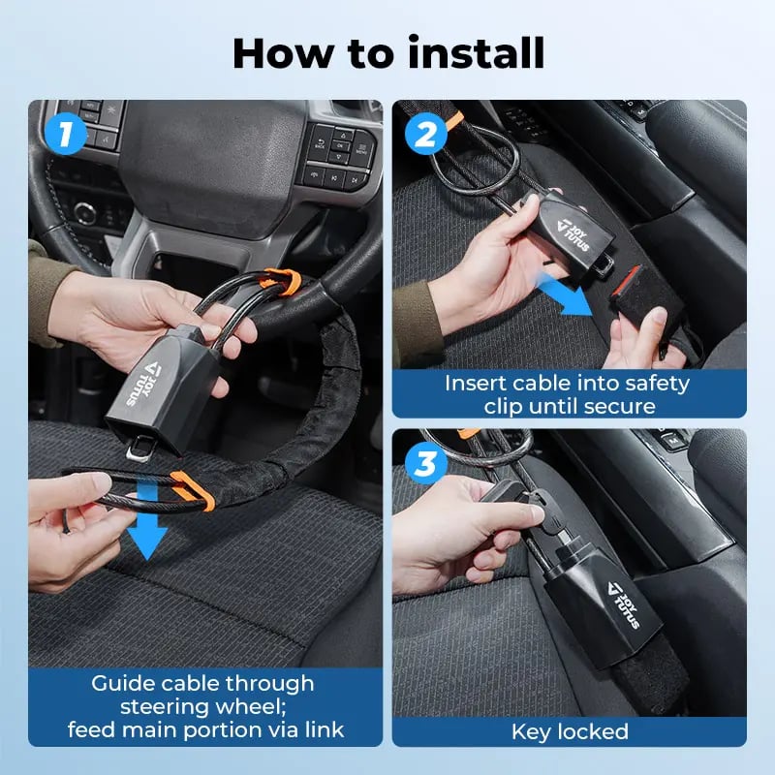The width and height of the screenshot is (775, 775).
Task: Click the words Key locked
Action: click(570, 731)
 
